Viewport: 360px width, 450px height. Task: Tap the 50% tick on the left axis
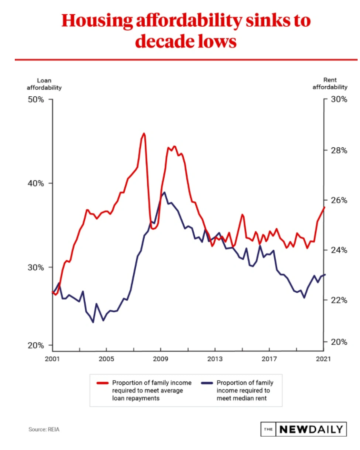(x=36, y=100)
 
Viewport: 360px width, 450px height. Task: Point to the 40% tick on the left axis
(x=36, y=184)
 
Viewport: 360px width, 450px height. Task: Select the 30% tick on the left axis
(x=36, y=267)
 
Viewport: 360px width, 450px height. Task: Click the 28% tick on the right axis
(x=340, y=150)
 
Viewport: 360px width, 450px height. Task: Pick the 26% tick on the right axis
(x=340, y=200)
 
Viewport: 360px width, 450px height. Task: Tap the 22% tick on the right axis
(x=340, y=300)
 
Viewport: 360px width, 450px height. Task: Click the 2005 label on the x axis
(x=106, y=359)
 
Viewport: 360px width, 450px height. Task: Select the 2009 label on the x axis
(x=160, y=359)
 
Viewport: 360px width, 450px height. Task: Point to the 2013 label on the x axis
(x=215, y=359)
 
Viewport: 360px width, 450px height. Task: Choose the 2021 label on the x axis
(x=323, y=359)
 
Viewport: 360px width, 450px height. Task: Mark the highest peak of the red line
(x=144, y=134)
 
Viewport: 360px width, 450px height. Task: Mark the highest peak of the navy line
(x=164, y=193)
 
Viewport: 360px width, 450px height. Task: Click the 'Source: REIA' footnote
(x=44, y=430)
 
